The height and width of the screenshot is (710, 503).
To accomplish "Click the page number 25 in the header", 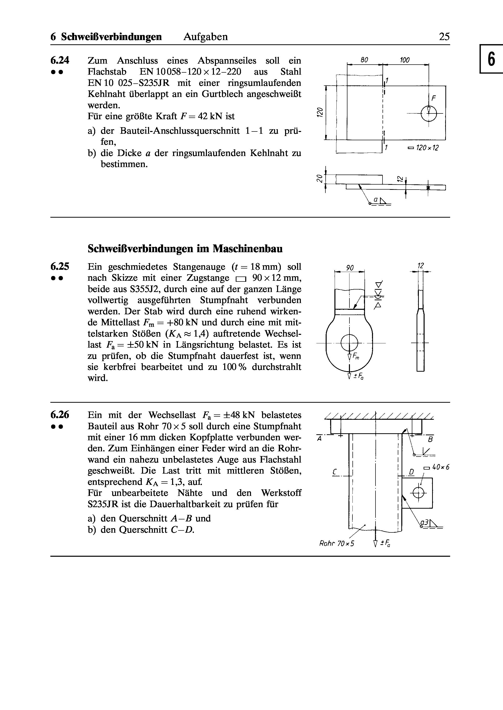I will coord(444,37).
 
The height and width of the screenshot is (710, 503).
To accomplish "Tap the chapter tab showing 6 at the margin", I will coord(491,59).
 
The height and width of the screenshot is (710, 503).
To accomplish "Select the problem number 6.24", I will coord(60,60).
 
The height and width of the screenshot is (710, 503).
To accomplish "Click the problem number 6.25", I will coord(60,266).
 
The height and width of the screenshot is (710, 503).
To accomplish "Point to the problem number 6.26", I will coord(60,415).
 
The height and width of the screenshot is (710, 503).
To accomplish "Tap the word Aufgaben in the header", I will coord(205,37).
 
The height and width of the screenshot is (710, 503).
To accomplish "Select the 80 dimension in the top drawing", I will coord(364,60).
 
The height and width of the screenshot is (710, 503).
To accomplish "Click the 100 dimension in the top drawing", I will coord(405,60).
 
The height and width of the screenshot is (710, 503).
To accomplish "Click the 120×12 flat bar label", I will coord(423,148).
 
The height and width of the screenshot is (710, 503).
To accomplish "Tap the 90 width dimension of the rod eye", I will coord(350,267).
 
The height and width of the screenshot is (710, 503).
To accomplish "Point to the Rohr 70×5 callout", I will coord(336,543).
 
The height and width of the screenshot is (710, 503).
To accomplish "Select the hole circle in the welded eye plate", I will coord(418,492).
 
